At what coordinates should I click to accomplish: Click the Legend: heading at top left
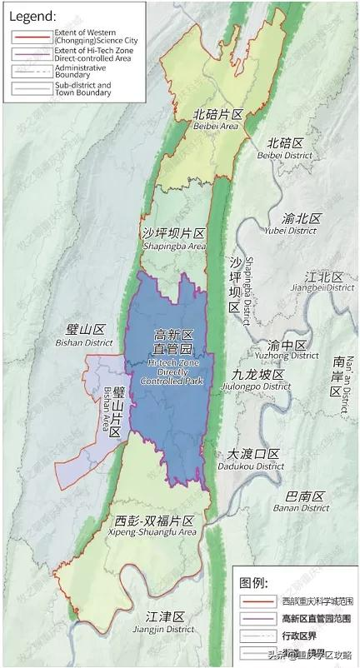[x=32, y=15]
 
